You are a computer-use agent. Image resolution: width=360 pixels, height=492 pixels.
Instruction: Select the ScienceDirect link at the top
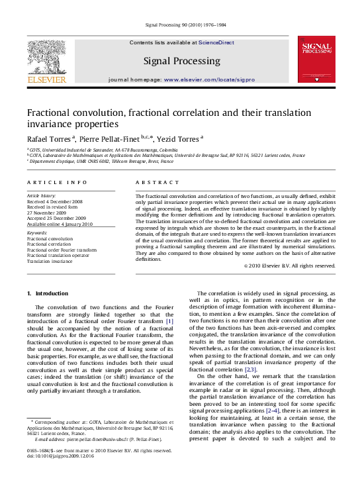[x=218, y=42]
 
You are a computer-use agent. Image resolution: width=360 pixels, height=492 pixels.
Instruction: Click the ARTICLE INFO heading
[x=48, y=181]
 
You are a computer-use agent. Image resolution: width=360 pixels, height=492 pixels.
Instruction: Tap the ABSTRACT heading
[x=153, y=181]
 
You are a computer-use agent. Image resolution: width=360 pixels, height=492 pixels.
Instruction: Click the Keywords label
[x=37, y=233]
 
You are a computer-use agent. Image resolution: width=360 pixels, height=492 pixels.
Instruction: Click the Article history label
[x=41, y=196]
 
